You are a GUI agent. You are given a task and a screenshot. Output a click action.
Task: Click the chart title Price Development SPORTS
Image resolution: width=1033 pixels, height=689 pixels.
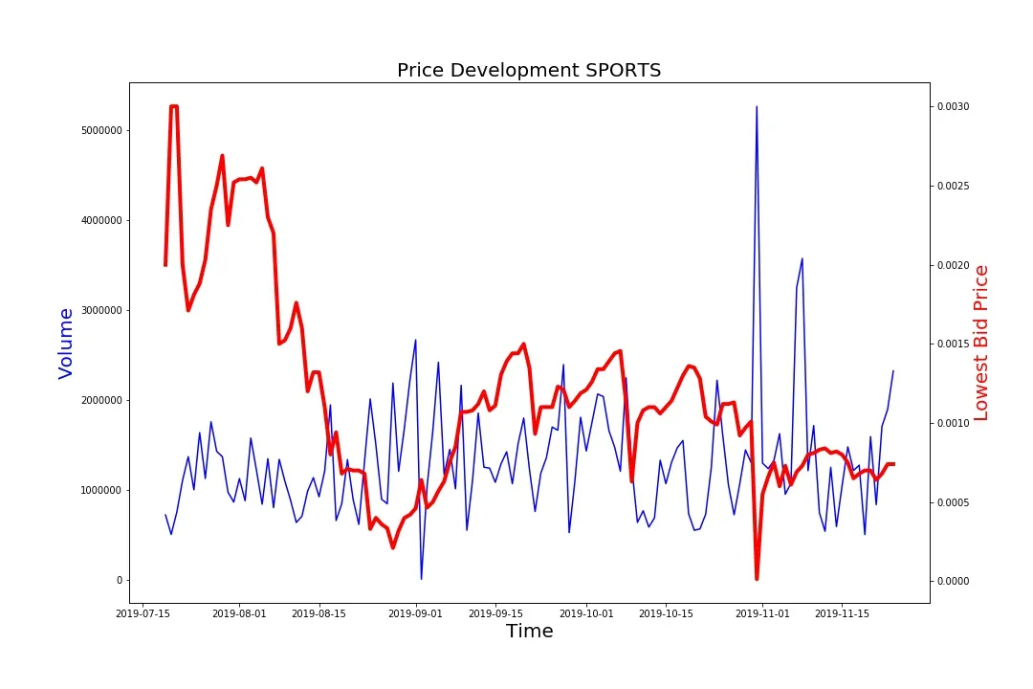529,70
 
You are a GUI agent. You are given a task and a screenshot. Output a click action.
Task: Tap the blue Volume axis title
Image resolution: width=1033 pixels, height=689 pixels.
66,343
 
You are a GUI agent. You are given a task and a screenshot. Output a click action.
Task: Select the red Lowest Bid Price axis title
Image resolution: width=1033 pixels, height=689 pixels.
980,343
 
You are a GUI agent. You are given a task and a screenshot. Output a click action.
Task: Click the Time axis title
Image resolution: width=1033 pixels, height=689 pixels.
529,632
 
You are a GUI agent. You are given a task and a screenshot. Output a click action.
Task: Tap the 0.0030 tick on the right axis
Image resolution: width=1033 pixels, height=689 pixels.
951,106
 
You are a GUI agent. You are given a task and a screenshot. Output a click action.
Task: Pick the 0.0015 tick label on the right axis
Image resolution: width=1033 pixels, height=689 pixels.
951,344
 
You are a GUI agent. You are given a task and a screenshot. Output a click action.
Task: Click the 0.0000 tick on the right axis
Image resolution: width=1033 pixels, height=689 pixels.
951,581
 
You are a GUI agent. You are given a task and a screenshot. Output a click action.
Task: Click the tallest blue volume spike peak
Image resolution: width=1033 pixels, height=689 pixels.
757,107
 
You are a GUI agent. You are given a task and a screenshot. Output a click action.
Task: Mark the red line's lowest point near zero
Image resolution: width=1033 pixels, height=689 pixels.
757,579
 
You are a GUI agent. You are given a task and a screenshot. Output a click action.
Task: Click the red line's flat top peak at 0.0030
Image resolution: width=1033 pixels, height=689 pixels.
174,106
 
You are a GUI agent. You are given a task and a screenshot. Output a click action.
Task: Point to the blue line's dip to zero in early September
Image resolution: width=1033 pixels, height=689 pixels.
421,579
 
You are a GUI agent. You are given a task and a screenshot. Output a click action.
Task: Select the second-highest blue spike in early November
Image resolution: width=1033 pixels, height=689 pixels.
802,258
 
